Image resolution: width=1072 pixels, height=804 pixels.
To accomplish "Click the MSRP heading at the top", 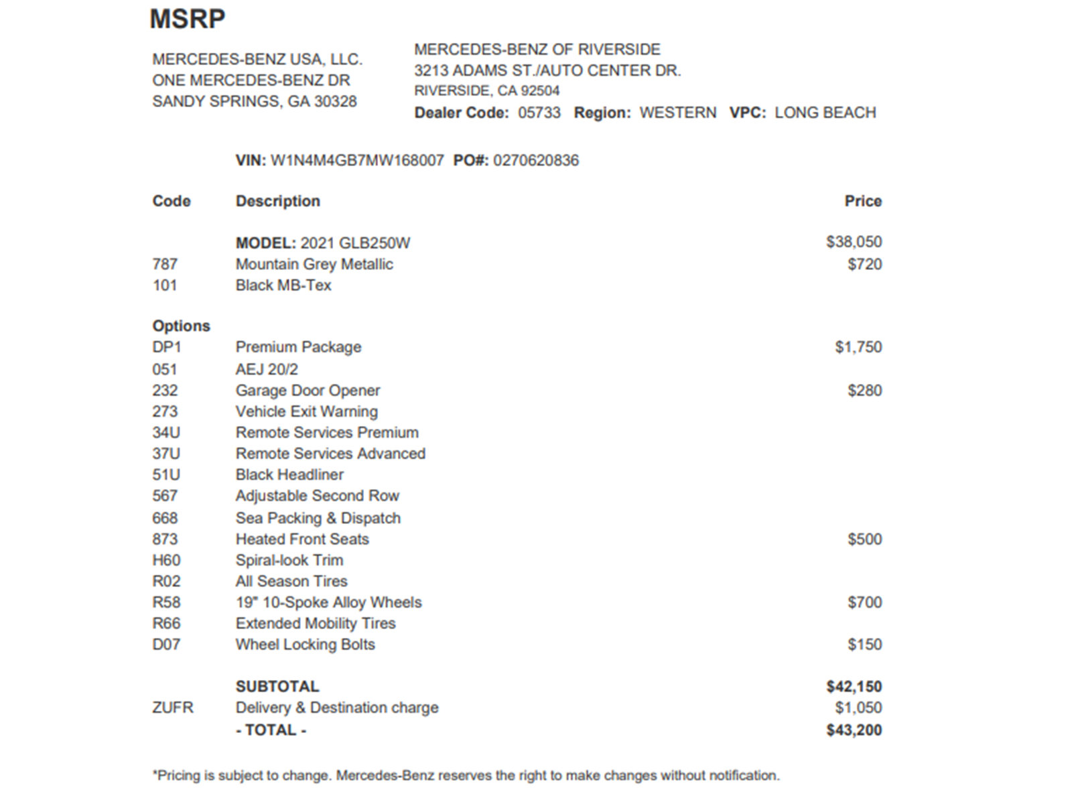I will (188, 19).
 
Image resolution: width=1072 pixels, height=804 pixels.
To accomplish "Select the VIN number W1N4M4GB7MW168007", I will (357, 161).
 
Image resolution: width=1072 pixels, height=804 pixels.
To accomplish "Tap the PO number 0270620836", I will (536, 161).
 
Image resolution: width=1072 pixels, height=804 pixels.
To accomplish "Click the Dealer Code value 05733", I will (539, 113).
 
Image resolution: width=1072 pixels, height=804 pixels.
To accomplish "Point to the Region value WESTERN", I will (677, 113).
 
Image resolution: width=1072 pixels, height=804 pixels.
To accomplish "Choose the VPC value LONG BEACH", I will (825, 113).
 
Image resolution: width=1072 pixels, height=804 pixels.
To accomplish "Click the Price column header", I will (863, 201).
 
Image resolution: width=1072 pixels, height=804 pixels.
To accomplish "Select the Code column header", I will (172, 201).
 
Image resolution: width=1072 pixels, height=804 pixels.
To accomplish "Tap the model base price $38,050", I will (854, 242).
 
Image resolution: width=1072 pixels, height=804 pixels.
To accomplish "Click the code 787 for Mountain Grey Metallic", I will (165, 264).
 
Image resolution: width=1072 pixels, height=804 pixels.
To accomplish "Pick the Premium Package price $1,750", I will (858, 347).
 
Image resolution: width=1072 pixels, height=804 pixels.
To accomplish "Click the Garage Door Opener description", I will (308, 391).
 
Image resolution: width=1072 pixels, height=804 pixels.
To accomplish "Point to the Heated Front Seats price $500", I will (864, 539).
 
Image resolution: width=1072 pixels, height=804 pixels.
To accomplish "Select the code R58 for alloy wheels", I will (166, 602).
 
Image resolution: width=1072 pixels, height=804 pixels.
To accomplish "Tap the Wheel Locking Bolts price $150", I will (864, 645).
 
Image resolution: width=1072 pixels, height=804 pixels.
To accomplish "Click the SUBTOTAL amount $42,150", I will (854, 687).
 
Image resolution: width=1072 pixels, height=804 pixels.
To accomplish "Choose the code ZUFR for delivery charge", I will (173, 708).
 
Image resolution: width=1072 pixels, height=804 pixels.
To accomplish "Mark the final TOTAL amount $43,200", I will (854, 730).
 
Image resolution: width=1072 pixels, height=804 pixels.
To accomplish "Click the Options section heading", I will (181, 326).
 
